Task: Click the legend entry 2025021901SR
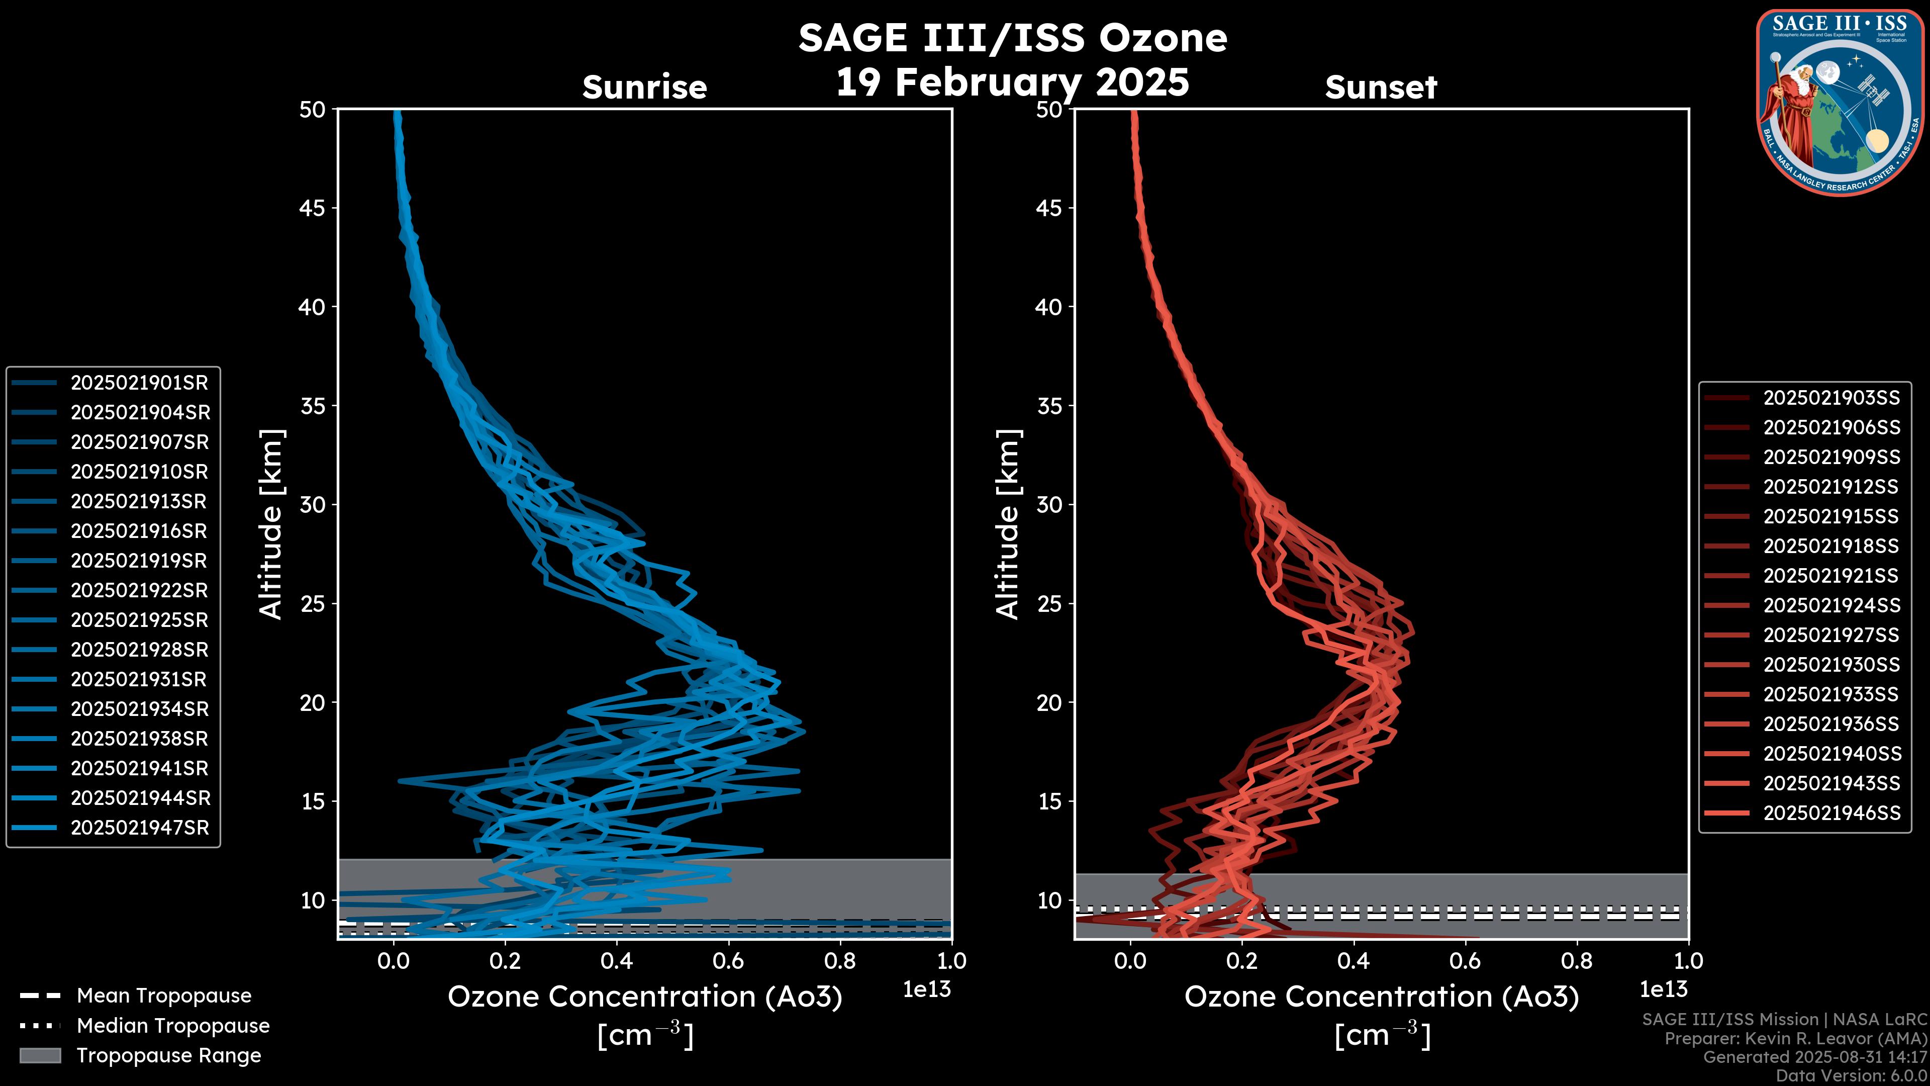click(x=139, y=383)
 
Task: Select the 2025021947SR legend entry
click(x=139, y=828)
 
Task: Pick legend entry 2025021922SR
click(x=139, y=591)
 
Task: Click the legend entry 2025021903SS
click(x=1831, y=398)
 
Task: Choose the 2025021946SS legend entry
click(x=1831, y=813)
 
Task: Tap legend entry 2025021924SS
click(x=1831, y=605)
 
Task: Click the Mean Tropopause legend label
click(x=164, y=996)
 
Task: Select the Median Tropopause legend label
click(x=173, y=1026)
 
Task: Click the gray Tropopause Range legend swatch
click(x=40, y=1056)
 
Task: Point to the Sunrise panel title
click(x=644, y=87)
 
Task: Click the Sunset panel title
click(x=1381, y=87)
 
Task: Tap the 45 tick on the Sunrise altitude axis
click(x=313, y=208)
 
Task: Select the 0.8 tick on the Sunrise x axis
click(x=840, y=961)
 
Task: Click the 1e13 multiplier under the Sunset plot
click(x=1663, y=990)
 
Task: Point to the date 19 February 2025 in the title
click(x=1012, y=82)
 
